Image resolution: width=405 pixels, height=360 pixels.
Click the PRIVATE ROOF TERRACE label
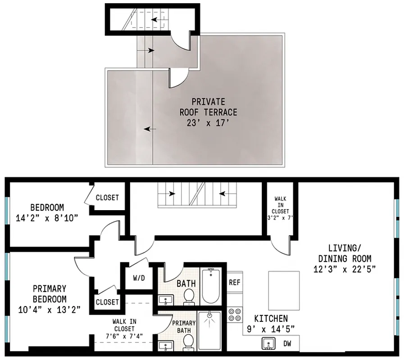click(x=208, y=107)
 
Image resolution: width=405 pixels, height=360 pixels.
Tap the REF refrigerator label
click(x=234, y=283)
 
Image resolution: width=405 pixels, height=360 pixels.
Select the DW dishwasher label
click(x=287, y=344)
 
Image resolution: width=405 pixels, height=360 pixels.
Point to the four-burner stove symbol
click(x=235, y=314)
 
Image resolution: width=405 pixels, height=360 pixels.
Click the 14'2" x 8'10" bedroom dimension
click(x=47, y=218)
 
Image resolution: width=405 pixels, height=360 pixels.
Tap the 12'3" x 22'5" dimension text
click(x=345, y=269)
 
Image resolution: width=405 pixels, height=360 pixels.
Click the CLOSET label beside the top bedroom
click(x=108, y=198)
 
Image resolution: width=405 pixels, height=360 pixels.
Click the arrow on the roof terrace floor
click(x=150, y=129)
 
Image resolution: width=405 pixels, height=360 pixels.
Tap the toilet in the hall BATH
click(x=189, y=297)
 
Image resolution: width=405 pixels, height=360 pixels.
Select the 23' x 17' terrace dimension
click(x=208, y=122)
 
